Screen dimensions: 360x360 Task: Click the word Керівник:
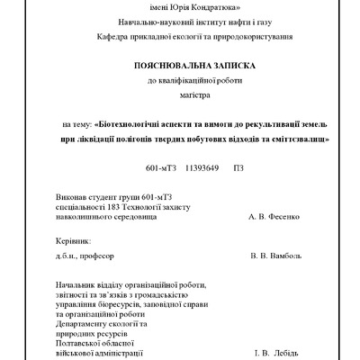tap(73, 241)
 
